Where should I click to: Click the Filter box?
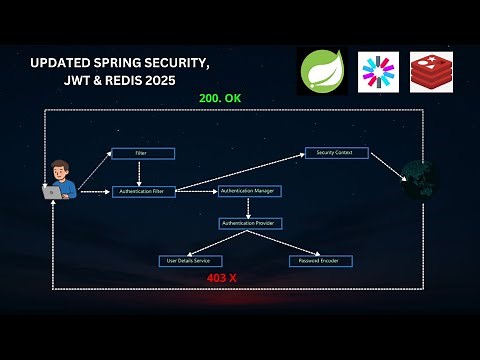click(x=142, y=153)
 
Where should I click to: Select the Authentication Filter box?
click(x=143, y=190)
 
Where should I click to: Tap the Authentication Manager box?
click(x=250, y=190)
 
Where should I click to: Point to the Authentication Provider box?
click(x=252, y=223)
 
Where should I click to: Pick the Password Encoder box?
click(x=320, y=261)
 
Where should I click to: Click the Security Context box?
click(x=337, y=153)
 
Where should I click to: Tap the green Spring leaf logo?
click(x=323, y=72)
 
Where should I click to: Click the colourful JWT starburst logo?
click(x=378, y=72)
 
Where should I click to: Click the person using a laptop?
click(x=59, y=180)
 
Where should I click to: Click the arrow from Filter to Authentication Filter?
click(x=143, y=171)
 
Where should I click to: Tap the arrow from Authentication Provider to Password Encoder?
click(x=288, y=242)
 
